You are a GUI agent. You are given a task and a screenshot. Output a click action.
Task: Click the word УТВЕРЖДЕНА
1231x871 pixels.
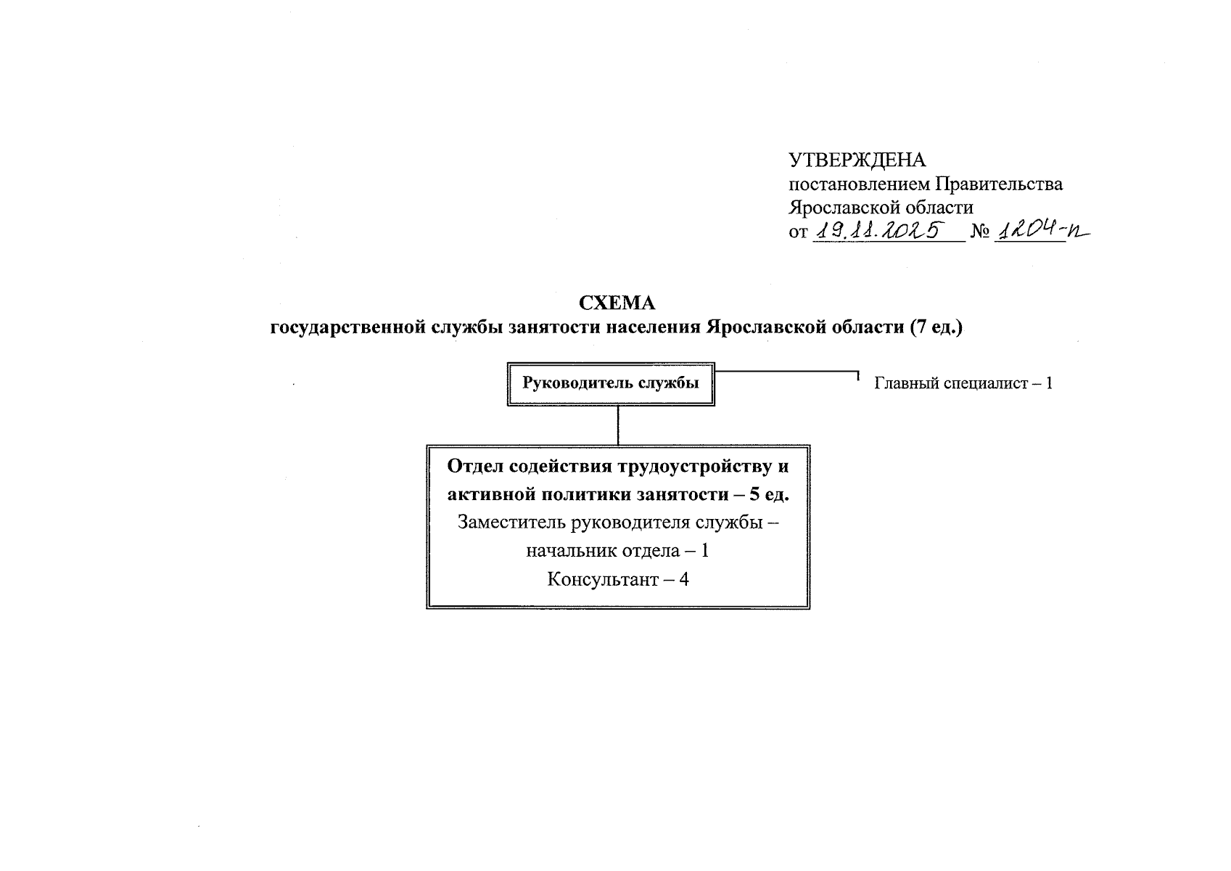click(857, 160)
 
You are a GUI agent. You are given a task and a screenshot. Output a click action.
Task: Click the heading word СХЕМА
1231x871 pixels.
click(616, 303)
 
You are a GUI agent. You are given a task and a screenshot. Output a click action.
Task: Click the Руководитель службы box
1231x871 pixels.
click(611, 383)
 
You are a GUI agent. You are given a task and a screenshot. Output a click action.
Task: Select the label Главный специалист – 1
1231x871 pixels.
click(963, 383)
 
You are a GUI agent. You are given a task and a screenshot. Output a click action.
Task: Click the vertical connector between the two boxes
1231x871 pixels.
click(618, 425)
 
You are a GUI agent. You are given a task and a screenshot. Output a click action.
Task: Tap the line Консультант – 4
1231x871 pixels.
click(617, 580)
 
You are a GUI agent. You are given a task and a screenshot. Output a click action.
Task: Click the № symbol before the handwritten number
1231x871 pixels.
click(980, 232)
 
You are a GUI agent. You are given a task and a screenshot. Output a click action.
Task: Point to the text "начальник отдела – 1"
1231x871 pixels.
click(617, 551)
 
